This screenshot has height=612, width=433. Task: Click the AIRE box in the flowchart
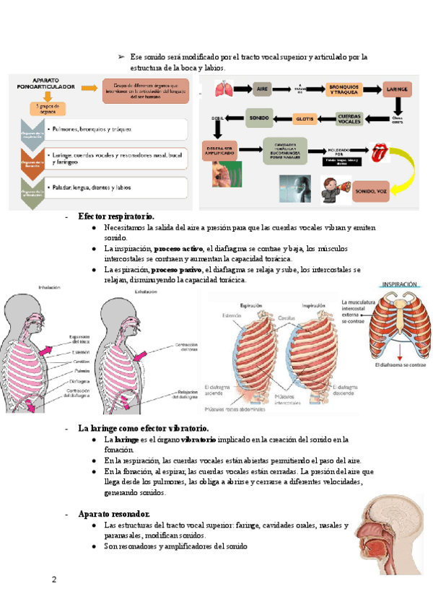[x=262, y=89]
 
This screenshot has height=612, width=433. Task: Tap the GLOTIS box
[x=304, y=118]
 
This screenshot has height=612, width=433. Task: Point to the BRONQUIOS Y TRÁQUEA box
[x=342, y=89]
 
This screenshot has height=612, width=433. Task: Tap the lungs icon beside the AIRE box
[x=225, y=89]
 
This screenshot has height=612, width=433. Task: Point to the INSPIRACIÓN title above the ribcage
[x=398, y=284]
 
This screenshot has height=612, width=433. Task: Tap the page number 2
[x=53, y=580]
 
